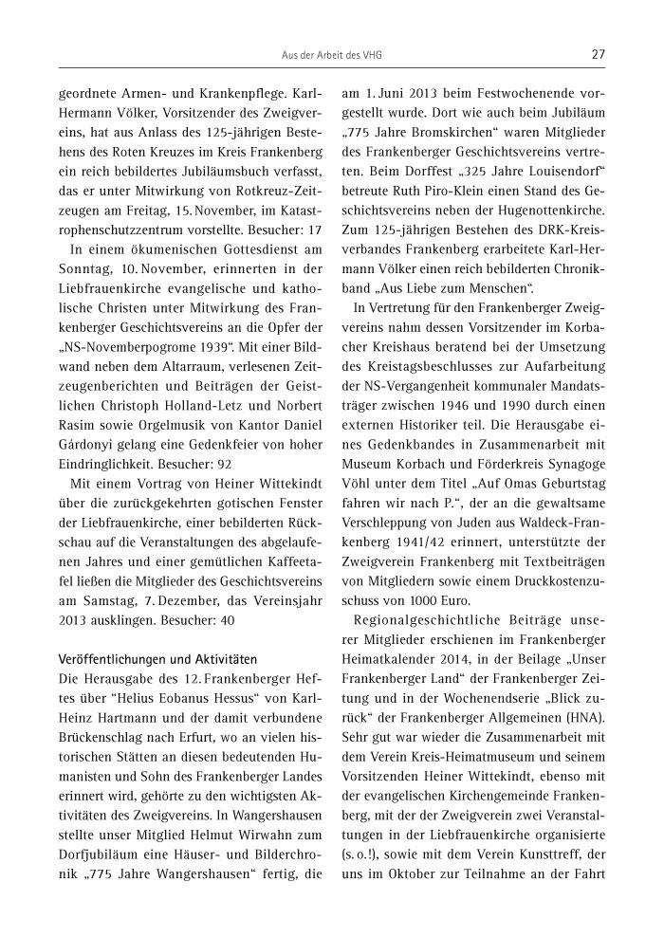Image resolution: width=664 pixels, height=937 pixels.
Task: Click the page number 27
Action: click(598, 54)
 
